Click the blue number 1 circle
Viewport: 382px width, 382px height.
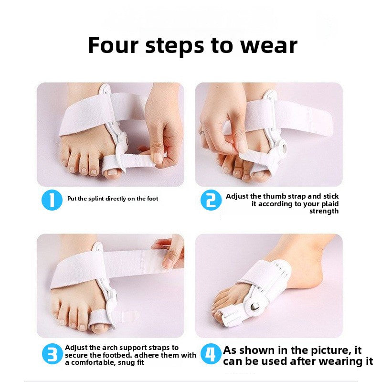pyautogui.click(x=52, y=200)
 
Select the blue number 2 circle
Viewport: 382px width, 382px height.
pyautogui.click(x=210, y=200)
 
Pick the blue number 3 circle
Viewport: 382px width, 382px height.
pyautogui.click(x=52, y=354)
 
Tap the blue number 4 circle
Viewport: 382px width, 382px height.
pyautogui.click(x=211, y=354)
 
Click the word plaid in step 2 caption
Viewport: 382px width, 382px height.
pyautogui.click(x=328, y=204)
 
